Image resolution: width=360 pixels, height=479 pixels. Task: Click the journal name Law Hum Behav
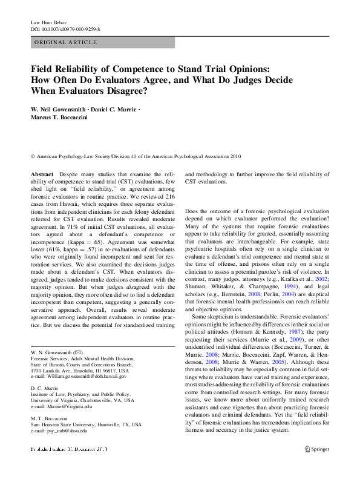pos(47,22)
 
